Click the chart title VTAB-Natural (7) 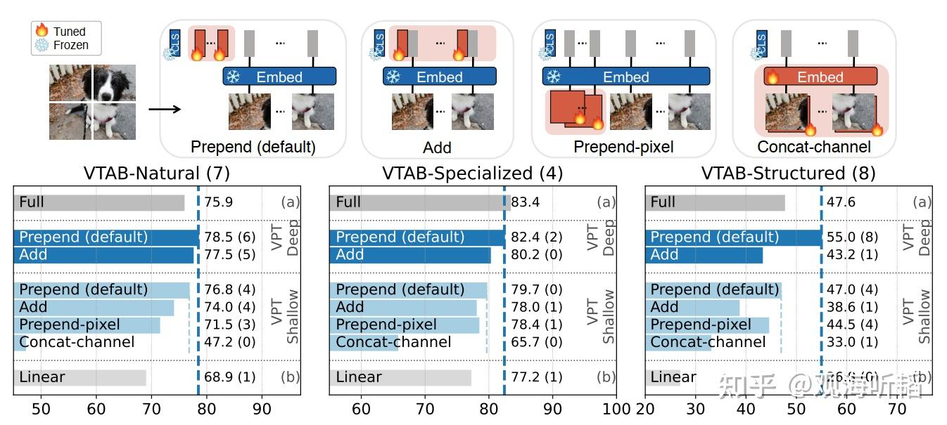click(x=156, y=173)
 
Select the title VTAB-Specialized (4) click(x=472, y=173)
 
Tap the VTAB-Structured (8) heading click(x=788, y=173)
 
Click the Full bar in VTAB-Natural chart click(x=98, y=202)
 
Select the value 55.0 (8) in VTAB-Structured click(x=852, y=237)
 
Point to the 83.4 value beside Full click(x=526, y=202)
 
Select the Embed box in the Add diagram click(x=439, y=77)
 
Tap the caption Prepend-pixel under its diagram click(x=623, y=148)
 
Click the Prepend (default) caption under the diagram click(x=253, y=148)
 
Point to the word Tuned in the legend click(x=69, y=32)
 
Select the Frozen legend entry click(x=70, y=45)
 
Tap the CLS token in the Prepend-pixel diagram click(x=550, y=42)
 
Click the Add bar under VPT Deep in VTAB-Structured click(x=704, y=255)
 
